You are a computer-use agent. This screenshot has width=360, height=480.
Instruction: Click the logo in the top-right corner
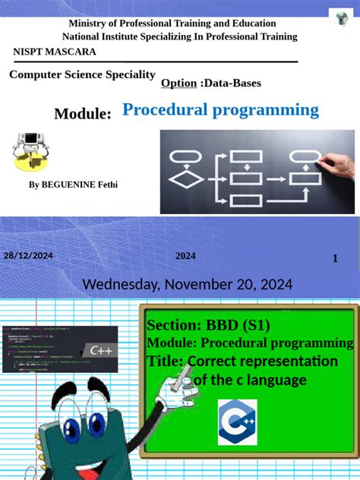pos(341,19)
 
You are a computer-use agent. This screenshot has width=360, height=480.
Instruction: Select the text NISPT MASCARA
pos(55,52)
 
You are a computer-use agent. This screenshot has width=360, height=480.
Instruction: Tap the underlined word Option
pos(179,82)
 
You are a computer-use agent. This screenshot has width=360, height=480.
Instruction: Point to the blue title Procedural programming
pos(220,110)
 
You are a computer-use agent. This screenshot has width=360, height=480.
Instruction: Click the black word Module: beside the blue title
pos(83,114)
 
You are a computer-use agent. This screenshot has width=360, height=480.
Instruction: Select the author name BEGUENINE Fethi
pos(73,185)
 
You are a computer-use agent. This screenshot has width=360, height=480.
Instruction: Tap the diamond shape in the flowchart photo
pos(185,179)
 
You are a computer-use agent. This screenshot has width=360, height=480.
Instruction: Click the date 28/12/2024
pos(28,256)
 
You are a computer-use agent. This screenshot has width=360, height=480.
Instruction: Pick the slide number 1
pos(335,259)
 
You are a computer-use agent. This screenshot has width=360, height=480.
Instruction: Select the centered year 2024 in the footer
pos(185,256)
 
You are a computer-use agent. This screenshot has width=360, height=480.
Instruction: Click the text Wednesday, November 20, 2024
pos(187,284)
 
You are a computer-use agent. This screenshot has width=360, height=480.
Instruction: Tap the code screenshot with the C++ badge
pos(58,348)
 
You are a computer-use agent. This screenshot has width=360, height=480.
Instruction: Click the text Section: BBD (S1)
pos(208,326)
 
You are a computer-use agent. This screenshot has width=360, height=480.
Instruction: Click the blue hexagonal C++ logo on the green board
pos(238,423)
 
